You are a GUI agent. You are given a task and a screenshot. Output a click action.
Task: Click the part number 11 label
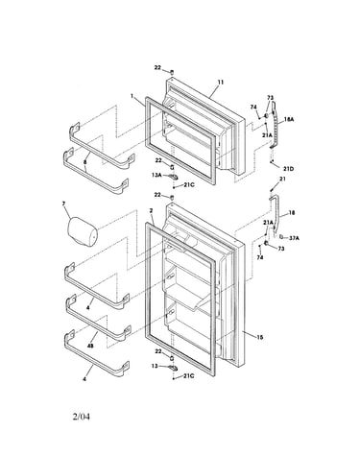pyautogui.click(x=221, y=83)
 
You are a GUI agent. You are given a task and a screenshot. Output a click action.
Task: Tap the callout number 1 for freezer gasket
pyautogui.click(x=132, y=95)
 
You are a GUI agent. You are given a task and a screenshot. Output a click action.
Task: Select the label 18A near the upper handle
pyautogui.click(x=289, y=119)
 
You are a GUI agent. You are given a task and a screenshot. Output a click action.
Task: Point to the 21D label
pyautogui.click(x=288, y=168)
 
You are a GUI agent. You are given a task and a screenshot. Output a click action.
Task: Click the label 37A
pyautogui.click(x=294, y=237)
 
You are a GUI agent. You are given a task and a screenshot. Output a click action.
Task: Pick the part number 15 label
pyautogui.click(x=260, y=337)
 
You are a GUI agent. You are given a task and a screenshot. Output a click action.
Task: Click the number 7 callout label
pyautogui.click(x=63, y=204)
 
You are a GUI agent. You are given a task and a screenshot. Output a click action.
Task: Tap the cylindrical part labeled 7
pyautogui.click(x=83, y=231)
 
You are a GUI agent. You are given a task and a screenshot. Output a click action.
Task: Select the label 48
pyautogui.click(x=90, y=346)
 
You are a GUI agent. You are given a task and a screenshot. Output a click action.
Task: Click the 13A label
pyautogui.click(x=156, y=175)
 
